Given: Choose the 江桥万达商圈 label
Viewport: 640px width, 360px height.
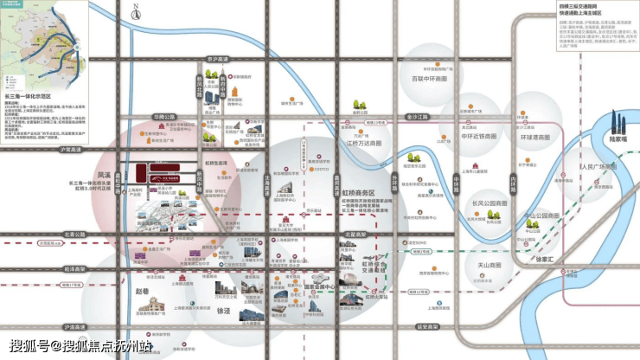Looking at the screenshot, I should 364,144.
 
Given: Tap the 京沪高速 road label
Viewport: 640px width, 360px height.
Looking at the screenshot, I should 218,60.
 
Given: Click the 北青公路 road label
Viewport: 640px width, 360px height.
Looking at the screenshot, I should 75,233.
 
